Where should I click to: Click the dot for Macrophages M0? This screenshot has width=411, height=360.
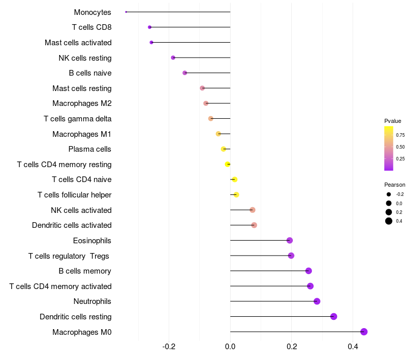(x=364, y=332)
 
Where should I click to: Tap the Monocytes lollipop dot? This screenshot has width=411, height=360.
(x=126, y=12)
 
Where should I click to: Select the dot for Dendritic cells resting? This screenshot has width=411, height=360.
(x=333, y=316)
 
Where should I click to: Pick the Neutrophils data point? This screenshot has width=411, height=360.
(x=316, y=301)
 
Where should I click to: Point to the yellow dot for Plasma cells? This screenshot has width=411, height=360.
(x=223, y=149)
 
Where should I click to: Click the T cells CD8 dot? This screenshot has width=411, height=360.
(x=150, y=27)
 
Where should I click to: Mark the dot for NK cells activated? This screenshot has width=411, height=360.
(x=252, y=210)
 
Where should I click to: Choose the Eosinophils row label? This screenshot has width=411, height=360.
(x=92, y=240)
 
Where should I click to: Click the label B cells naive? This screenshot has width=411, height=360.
(x=90, y=73)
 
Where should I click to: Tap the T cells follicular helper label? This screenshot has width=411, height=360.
(x=74, y=195)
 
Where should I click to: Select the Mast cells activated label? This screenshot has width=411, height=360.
(x=78, y=42)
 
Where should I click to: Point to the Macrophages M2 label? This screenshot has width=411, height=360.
(x=82, y=103)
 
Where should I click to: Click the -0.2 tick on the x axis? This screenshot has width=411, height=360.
(x=169, y=347)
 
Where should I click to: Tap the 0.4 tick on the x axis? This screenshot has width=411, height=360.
(x=353, y=347)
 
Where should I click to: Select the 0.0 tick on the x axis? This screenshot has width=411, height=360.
(x=230, y=347)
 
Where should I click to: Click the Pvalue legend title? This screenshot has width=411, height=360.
(x=393, y=121)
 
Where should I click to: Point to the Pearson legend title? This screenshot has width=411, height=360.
(x=395, y=185)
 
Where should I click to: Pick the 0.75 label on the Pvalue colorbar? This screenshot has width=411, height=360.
(x=400, y=135)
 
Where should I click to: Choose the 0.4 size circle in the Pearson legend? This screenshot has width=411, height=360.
(x=389, y=221)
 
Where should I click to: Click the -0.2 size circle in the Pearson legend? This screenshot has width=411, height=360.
(x=389, y=194)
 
